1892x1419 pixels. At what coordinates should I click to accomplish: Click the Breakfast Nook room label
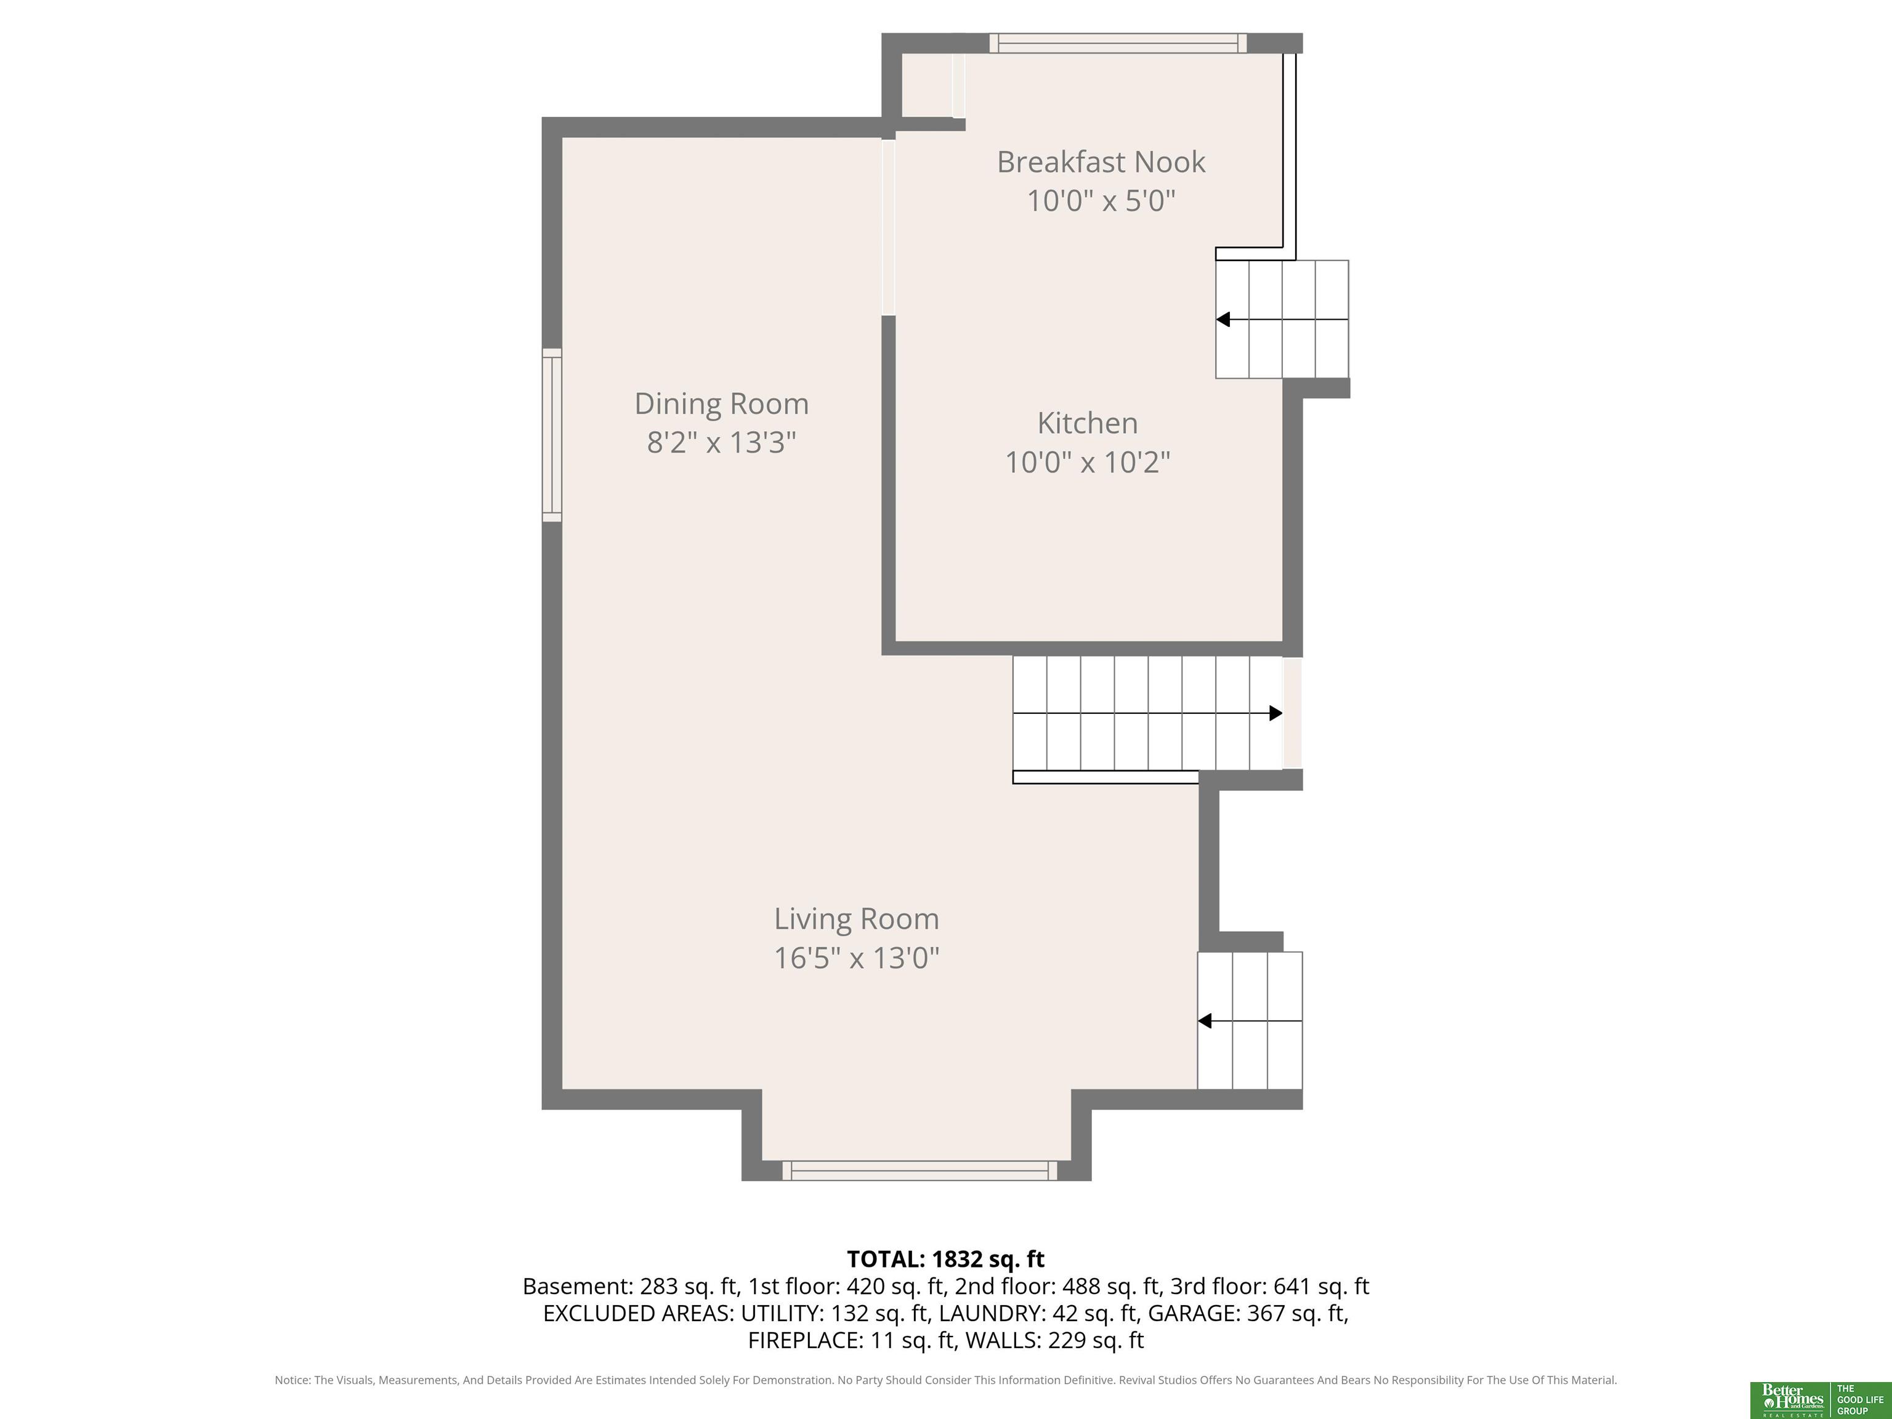1101,161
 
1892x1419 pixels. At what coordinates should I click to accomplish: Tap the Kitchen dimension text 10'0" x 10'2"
1087,462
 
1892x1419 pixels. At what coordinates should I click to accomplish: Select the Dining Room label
721,404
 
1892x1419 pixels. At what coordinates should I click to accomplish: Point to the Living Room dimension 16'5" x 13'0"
856,957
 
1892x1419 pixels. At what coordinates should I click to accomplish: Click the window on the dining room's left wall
552,435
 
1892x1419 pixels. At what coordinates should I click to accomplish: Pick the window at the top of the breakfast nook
1118,42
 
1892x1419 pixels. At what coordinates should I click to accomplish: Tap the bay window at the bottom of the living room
920,1171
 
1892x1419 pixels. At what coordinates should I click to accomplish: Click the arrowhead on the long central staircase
1275,713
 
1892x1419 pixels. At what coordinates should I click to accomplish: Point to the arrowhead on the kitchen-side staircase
1223,319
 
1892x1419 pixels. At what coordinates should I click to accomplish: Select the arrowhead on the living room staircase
1204,1021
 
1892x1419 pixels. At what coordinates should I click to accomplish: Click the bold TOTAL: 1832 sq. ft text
945,1259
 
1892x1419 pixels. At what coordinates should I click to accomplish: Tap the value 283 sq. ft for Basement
689,1287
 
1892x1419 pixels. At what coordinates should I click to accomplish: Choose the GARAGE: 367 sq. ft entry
1245,1313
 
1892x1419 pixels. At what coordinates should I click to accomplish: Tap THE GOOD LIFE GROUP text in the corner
1859,1400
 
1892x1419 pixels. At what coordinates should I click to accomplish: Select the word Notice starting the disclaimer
292,1380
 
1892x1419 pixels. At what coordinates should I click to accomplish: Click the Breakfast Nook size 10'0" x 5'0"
1101,201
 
